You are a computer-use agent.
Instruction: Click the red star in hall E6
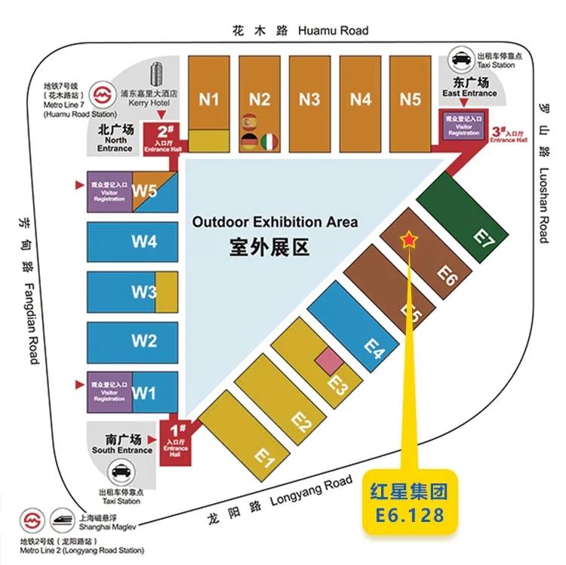(408, 240)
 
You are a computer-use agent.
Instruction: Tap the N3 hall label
(309, 99)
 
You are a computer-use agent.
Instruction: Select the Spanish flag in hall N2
(249, 122)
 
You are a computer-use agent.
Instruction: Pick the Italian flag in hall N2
(269, 141)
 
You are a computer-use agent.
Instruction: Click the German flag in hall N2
(249, 141)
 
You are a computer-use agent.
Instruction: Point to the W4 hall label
(143, 242)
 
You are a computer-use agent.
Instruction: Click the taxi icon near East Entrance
(461, 58)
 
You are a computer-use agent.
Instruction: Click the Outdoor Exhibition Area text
(274, 222)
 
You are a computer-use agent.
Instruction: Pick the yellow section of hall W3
(166, 292)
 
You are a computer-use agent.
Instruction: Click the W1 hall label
(143, 393)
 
